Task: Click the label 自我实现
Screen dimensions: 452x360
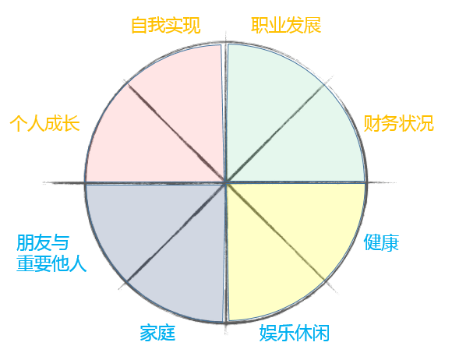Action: [x=166, y=26]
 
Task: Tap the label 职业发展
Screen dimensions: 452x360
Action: [x=286, y=26]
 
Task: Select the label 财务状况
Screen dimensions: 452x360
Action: [x=399, y=123]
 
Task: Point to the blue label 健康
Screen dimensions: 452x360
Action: [x=381, y=242]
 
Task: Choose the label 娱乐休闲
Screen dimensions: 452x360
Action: [x=295, y=334]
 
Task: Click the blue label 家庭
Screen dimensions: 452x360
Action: [x=157, y=334]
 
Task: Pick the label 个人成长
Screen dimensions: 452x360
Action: [x=45, y=123]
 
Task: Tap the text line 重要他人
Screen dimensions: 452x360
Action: [x=51, y=263]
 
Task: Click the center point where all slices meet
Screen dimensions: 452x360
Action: [x=226, y=182]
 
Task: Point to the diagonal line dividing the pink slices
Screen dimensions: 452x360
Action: [x=175, y=132]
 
